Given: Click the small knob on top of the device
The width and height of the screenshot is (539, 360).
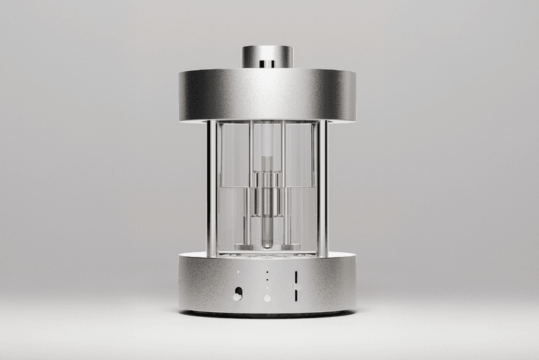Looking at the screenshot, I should pyautogui.click(x=268, y=57).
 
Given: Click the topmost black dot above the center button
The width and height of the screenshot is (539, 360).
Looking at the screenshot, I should pyautogui.click(x=267, y=271).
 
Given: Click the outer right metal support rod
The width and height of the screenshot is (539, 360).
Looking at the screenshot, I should pyautogui.click(x=323, y=189).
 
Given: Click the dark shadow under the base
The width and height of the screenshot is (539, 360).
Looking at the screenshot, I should pyautogui.click(x=268, y=315).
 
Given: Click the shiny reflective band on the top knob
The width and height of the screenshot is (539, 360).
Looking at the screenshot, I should pyautogui.click(x=268, y=63).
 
